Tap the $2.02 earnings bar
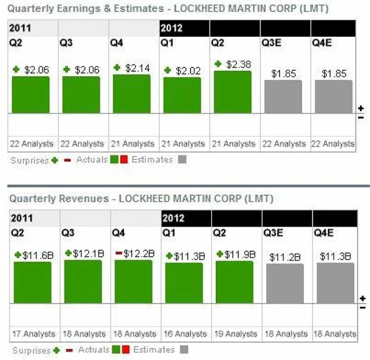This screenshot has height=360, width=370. [x=182, y=95]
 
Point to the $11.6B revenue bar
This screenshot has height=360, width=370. [x=32, y=282]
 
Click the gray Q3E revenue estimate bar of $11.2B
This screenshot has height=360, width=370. [x=284, y=284]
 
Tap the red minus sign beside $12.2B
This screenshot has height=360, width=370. [x=119, y=253]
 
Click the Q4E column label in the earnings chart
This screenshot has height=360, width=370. [x=323, y=42]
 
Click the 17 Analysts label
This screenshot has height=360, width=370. [x=33, y=334]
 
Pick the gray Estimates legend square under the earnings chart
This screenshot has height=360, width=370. [x=183, y=159]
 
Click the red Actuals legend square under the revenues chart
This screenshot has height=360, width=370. [x=125, y=350]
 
